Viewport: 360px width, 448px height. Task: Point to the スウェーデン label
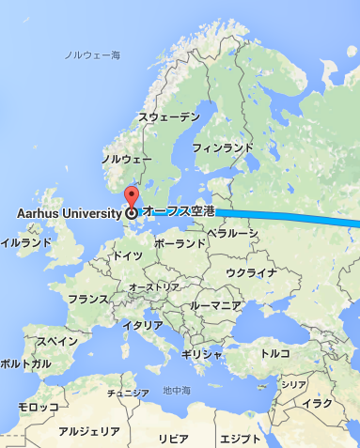click(169, 116)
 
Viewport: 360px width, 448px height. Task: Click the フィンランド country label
click(223, 147)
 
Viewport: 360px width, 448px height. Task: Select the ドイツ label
click(127, 255)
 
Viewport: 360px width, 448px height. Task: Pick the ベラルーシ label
click(233, 231)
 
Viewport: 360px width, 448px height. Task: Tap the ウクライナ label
click(252, 272)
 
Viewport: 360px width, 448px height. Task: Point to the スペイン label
click(55, 341)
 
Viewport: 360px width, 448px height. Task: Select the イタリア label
click(143, 325)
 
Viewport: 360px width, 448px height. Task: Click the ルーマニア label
click(215, 306)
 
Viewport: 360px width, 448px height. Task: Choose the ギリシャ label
click(201, 354)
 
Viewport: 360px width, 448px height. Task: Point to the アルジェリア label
click(89, 431)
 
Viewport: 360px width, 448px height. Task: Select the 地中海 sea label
click(176, 390)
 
